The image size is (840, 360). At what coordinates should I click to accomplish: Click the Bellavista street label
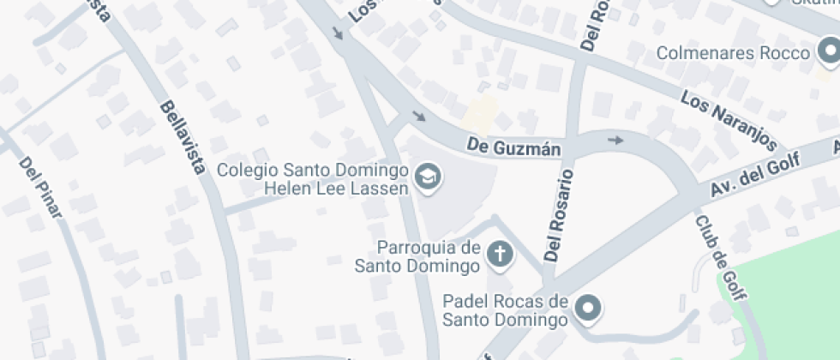click(x=183, y=137)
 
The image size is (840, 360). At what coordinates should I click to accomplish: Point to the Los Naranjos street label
click(x=729, y=120)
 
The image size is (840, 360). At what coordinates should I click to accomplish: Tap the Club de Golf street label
click(x=720, y=257)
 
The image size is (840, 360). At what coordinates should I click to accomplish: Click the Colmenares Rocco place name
click(x=733, y=53)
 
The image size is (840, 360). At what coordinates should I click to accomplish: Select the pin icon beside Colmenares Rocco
click(x=829, y=54)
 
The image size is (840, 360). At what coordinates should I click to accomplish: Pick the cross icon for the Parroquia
click(x=499, y=254)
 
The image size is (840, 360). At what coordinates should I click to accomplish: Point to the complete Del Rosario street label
click(x=560, y=214)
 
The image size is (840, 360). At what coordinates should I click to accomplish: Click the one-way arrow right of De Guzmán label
click(x=615, y=140)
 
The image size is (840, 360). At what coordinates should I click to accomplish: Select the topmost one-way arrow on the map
click(x=338, y=33)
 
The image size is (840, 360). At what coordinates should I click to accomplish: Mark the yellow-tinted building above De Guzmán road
click(x=482, y=112)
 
